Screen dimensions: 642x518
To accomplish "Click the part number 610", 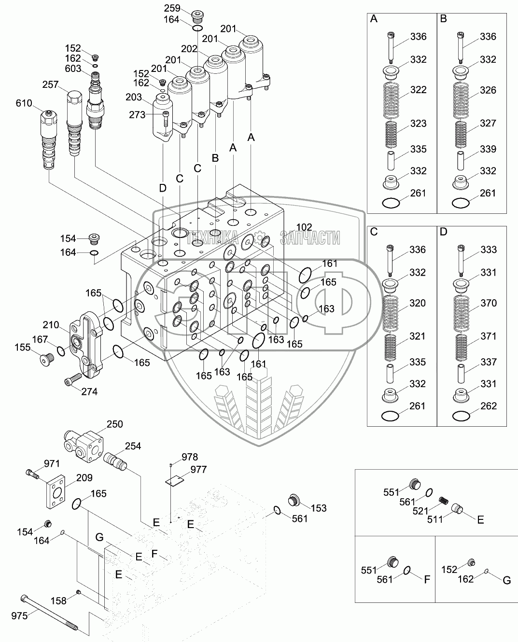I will point(24,103).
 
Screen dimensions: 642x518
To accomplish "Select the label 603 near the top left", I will point(73,69).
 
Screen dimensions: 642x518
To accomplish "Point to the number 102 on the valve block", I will point(304,227).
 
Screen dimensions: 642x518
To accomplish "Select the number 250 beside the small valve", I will point(114,424).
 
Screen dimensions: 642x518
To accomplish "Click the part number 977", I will point(198,469).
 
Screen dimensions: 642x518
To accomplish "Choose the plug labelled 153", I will point(294,500).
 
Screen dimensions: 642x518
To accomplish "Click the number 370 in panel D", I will point(489,303).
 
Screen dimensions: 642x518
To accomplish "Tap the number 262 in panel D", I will point(489,406).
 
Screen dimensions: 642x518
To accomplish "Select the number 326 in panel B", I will point(489,90).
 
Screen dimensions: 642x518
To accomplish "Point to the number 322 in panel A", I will point(419,90).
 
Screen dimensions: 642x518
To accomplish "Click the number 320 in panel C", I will point(418,303).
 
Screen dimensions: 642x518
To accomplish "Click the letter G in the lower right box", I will point(506,581).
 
